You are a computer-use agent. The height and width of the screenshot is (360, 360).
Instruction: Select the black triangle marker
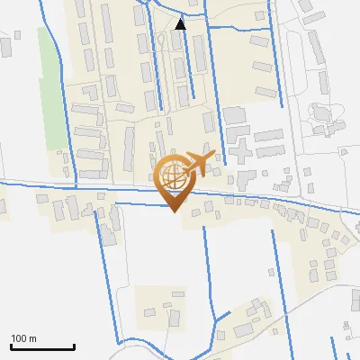[x=181, y=24]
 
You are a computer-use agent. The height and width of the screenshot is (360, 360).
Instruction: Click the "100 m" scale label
[x=24, y=338]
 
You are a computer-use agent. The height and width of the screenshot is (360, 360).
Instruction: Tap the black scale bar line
[x=42, y=346]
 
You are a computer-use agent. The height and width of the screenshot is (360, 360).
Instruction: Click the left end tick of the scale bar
[x=11, y=345]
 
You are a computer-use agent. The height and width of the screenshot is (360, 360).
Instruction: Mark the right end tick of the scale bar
[x=74, y=345]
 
